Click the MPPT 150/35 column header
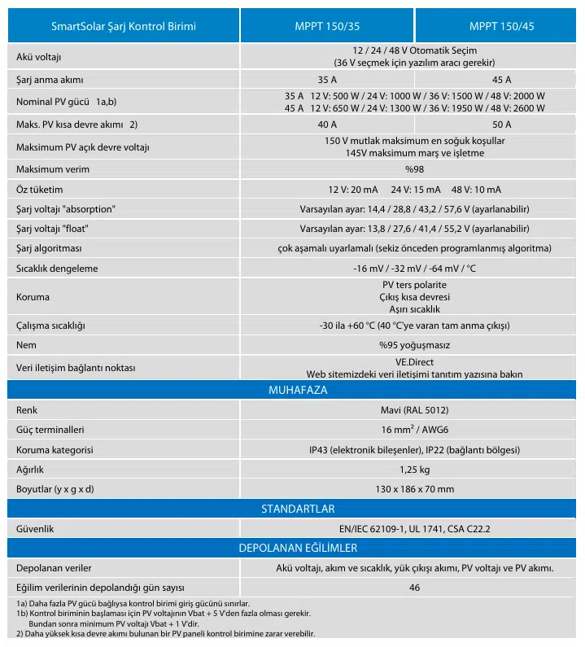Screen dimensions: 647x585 pos(327,26)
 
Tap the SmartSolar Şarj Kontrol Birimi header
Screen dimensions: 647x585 pos(124,26)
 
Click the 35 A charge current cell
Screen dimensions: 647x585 pos(327,80)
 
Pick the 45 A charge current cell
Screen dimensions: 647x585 pos(501,80)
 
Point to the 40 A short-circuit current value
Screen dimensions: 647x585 pos(327,125)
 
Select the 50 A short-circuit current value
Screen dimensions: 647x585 pos(501,125)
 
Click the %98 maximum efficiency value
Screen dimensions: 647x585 pos(414,169)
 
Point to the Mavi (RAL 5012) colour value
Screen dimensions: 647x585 pos(414,409)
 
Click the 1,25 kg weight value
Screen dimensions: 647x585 pos(414,470)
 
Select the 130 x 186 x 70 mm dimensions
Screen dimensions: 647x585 pos(414,489)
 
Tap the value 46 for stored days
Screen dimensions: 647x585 pos(414,588)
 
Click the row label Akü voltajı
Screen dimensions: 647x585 pos(39,57)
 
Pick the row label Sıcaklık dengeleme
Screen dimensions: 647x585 pos(57,268)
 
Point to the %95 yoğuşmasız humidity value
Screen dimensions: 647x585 pos(414,345)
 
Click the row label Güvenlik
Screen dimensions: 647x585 pos(35,529)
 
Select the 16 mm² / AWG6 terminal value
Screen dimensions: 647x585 pos(414,430)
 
